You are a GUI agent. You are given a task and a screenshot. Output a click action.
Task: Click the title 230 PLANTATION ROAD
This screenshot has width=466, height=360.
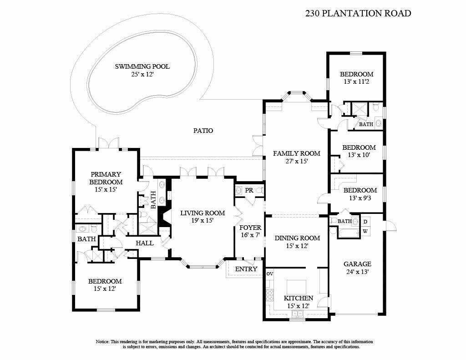coord(358,13)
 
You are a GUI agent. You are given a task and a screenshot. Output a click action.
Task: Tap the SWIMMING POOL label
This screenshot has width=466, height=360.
coord(142,66)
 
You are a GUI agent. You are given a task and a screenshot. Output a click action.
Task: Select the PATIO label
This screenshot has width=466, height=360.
coord(203,131)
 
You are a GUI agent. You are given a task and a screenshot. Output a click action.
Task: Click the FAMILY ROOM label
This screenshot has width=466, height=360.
coord(296,153)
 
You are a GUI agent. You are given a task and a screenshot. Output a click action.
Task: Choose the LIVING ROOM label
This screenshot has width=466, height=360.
coord(202,213)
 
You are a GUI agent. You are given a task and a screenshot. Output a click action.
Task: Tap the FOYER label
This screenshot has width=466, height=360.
coord(250,228)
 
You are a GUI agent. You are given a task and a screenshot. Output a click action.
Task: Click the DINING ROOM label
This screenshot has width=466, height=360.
coord(297,238)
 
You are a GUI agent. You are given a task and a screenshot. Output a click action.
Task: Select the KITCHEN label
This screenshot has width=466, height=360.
coord(298,298)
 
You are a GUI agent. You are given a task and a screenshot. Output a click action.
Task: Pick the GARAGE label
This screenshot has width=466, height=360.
coord(357,264)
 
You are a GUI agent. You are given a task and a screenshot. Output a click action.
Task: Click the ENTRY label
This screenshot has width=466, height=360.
coord(246,269)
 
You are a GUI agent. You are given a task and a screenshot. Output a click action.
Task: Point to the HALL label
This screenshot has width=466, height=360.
coord(145,243)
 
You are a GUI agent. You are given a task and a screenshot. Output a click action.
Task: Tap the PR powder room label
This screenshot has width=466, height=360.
coord(249,190)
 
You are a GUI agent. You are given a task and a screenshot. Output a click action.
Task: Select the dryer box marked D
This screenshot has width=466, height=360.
coord(365,222)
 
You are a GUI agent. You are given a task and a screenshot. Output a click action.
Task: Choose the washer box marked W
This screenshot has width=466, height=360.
coord(365,231)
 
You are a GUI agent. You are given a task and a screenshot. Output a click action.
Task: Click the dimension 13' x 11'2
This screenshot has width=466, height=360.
coord(357,82)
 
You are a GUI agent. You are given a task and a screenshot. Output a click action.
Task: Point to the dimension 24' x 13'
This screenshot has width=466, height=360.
coord(357,272)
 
